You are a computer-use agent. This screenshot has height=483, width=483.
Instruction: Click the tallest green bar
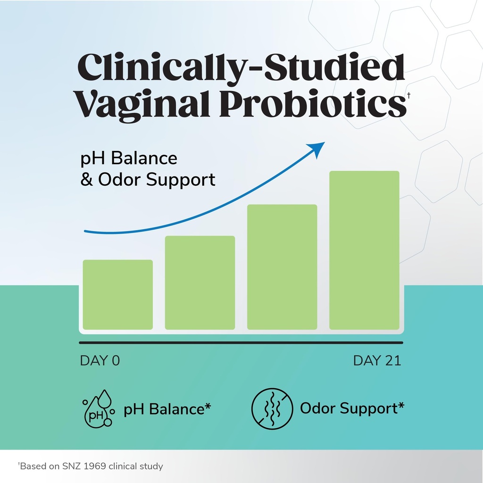pyautogui.click(x=364, y=250)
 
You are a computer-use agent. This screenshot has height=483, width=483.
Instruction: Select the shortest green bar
pyautogui.click(x=117, y=294)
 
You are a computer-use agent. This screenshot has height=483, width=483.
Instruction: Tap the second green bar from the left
pyautogui.click(x=200, y=282)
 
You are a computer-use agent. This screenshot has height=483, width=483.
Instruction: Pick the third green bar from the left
pyautogui.click(x=282, y=266)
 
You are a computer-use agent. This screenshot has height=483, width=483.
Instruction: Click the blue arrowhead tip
pyautogui.click(x=323, y=143)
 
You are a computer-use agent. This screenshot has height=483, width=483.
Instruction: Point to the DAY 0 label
pyautogui.click(x=100, y=361)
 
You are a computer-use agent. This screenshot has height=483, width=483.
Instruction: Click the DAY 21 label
pyautogui.click(x=377, y=361)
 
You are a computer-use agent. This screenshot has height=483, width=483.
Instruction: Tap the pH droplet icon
pyautogui.click(x=98, y=408)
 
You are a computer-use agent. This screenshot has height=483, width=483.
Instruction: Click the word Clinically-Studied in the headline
pyautogui.click(x=241, y=68)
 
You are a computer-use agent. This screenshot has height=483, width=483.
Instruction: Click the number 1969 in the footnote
pyautogui.click(x=97, y=466)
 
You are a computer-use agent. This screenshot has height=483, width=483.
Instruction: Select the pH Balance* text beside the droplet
pyautogui.click(x=167, y=408)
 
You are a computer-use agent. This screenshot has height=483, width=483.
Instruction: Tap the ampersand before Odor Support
pyautogui.click(x=87, y=180)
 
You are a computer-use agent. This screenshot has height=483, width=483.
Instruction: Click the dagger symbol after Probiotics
pyautogui.click(x=408, y=96)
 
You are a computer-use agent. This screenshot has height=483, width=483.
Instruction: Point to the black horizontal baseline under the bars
pyautogui.click(x=241, y=342)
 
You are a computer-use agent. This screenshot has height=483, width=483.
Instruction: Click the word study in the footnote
pyautogui.click(x=152, y=466)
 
